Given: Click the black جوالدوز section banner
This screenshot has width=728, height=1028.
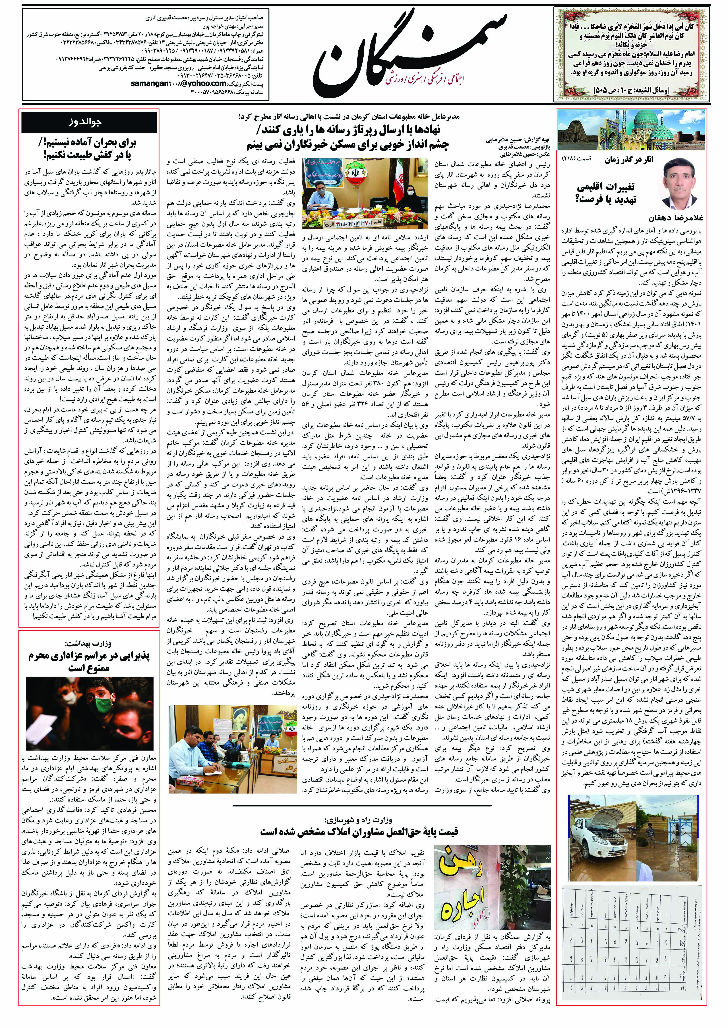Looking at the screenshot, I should (x=90, y=122).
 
